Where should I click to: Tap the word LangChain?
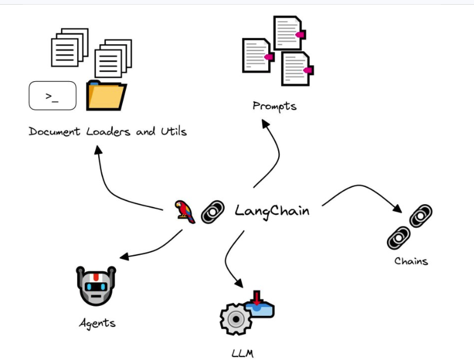[x=272, y=211]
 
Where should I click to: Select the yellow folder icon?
[x=106, y=96]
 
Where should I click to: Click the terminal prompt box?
[x=52, y=95]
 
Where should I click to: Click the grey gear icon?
[x=236, y=319]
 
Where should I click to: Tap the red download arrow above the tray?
[x=256, y=296]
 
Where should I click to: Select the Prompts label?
[x=274, y=106]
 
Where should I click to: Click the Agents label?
[x=98, y=322]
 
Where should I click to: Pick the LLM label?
[x=241, y=354]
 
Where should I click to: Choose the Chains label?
[x=411, y=260]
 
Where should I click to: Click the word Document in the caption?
[x=55, y=131]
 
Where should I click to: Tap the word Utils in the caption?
[x=173, y=131]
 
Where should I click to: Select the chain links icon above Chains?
[x=410, y=226]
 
